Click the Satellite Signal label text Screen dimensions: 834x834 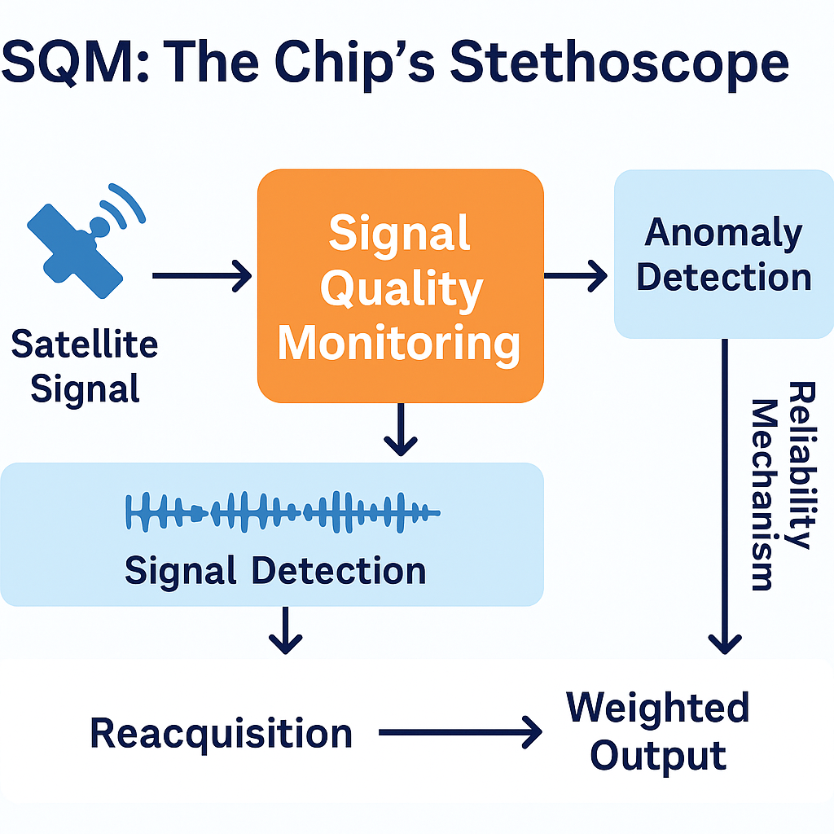coord(85,367)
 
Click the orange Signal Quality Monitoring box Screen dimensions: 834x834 coord(400,285)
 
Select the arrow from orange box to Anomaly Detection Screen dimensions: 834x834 coord(575,277)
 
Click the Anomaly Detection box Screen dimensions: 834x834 coord(723,253)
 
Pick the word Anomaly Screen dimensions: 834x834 coord(723,233)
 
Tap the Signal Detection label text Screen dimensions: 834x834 coord(275,571)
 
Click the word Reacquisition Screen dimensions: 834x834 coord(221,733)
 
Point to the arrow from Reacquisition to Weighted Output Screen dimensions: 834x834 coord(460,733)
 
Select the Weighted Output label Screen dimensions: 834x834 coord(658,731)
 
